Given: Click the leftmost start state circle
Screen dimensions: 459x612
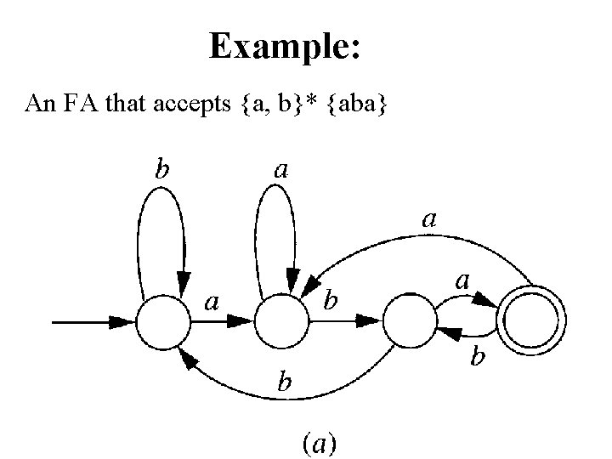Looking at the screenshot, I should click(163, 322).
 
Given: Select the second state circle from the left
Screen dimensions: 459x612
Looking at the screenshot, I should click(282, 322).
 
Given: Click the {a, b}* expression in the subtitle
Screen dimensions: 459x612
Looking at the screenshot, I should click(275, 105).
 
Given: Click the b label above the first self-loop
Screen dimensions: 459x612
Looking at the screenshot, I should click(160, 168).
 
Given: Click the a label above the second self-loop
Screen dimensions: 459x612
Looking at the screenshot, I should click(280, 170).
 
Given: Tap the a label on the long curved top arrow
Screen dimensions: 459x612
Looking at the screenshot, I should click(430, 219).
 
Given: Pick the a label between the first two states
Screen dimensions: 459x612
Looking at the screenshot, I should click(211, 301).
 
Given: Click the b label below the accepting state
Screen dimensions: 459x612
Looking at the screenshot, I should click(479, 359).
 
